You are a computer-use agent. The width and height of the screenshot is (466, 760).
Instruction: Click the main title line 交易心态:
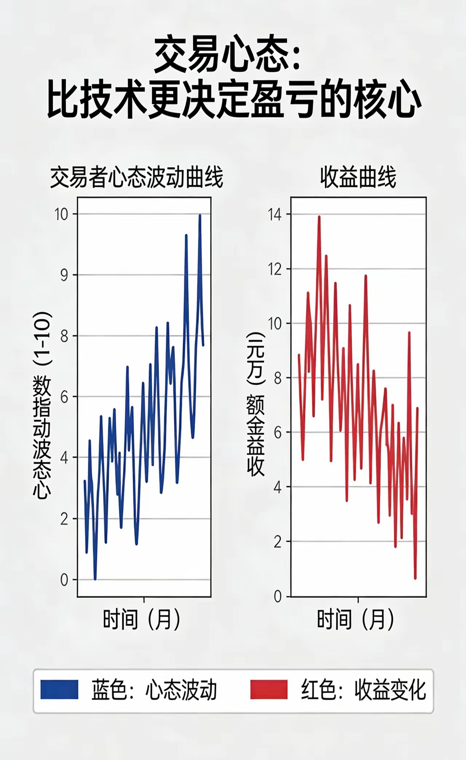(x=226, y=58)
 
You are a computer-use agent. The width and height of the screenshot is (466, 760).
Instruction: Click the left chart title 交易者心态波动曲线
(x=137, y=178)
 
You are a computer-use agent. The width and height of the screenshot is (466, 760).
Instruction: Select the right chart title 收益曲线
(x=358, y=178)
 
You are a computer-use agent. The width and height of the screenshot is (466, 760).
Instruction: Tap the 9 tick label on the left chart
(x=64, y=275)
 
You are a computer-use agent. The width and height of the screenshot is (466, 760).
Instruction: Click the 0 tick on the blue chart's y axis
(x=64, y=580)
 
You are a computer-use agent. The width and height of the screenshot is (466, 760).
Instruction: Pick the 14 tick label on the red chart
(x=275, y=215)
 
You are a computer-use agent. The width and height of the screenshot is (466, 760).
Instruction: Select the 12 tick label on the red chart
(x=275, y=269)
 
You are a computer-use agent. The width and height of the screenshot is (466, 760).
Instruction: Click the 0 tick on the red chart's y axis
(x=278, y=597)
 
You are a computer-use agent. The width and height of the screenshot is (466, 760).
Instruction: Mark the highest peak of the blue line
(x=200, y=215)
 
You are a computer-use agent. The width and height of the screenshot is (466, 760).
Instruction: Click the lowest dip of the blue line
(x=95, y=579)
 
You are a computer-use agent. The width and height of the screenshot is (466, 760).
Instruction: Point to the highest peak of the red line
(x=319, y=217)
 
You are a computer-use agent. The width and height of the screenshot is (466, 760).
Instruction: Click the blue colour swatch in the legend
(x=59, y=690)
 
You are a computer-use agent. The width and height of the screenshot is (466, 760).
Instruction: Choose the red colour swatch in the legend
(x=269, y=690)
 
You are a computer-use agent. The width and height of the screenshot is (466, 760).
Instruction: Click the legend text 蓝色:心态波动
(x=154, y=690)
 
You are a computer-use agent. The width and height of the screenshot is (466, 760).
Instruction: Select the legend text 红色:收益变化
(x=363, y=690)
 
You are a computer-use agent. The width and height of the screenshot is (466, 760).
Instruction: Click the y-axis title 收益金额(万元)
(x=256, y=404)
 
